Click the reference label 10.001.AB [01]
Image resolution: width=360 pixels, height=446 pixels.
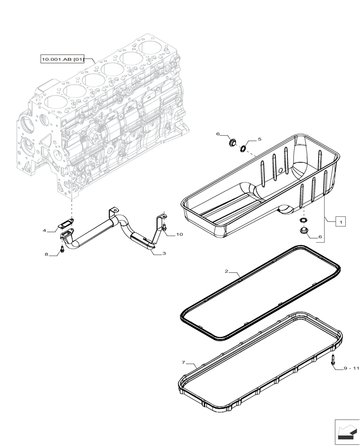point(62,59)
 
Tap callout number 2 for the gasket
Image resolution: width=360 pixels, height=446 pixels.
point(226,271)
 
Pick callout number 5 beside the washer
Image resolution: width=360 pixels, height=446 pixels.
point(259,139)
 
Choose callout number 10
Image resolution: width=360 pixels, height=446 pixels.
point(179,234)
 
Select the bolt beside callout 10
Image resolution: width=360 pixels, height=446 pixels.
point(165,228)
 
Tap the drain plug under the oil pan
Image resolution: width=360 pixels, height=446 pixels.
point(303,231)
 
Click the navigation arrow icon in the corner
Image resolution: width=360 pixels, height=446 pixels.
point(346,432)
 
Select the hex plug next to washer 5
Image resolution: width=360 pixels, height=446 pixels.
point(232,143)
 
